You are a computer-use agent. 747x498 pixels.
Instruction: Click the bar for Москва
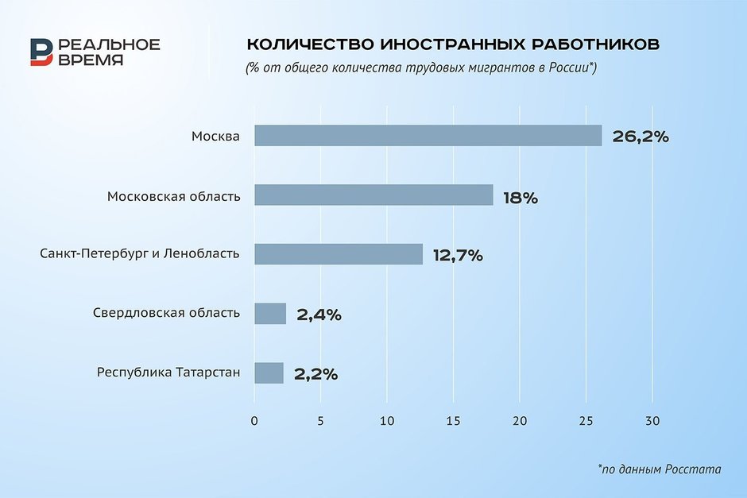[428, 136]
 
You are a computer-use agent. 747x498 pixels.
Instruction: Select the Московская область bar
[373, 195]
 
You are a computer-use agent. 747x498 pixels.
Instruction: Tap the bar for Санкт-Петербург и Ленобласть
[339, 254]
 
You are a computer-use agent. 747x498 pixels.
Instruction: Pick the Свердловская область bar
[270, 314]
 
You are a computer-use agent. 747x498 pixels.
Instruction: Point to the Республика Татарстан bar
[269, 373]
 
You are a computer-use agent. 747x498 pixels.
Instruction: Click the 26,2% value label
[641, 137]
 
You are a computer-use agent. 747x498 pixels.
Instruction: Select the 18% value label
[521, 198]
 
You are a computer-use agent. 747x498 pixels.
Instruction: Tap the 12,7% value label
[458, 256]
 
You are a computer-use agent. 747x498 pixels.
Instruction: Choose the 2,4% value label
[319, 315]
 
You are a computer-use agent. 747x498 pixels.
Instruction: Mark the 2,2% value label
[315, 374]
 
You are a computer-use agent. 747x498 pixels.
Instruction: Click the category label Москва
[215, 136]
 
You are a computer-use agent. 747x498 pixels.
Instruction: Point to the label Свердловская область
[166, 313]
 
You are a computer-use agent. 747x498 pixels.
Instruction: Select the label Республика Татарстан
[168, 372]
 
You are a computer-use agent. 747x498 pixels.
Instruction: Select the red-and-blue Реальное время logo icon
[42, 52]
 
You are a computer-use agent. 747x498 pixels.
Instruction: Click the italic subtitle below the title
[421, 68]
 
